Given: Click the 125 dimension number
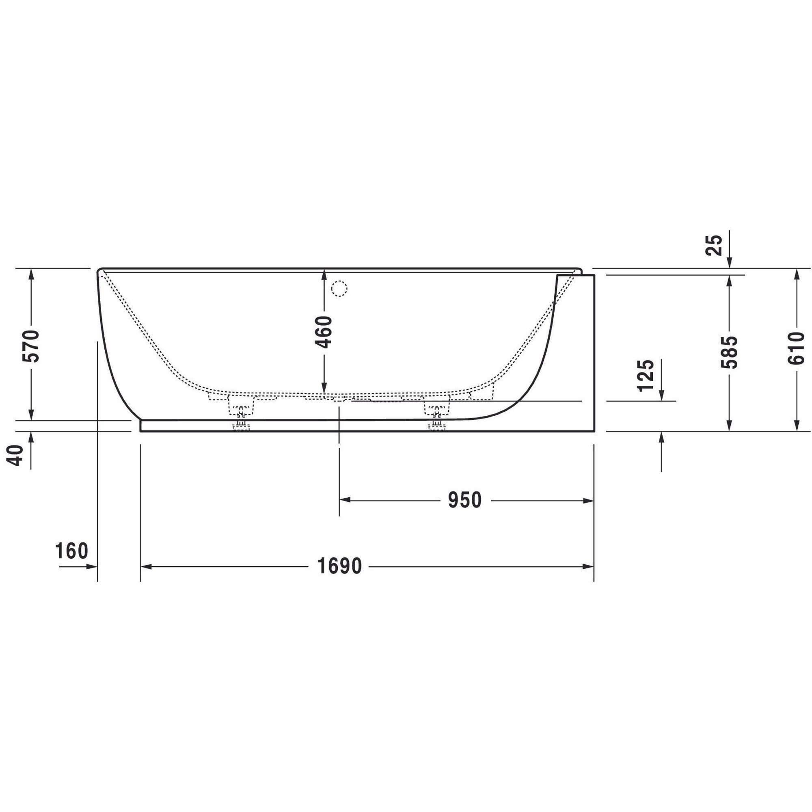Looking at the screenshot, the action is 646,376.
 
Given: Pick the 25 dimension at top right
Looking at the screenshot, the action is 714,246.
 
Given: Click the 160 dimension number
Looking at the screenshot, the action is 71,551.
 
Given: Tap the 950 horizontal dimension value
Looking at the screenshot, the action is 464,500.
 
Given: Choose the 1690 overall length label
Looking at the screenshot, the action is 339,566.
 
